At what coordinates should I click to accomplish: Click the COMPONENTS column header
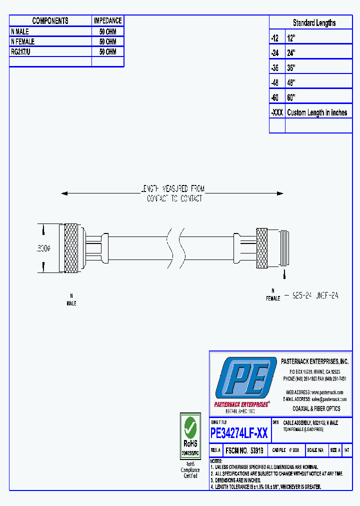[x=50, y=21]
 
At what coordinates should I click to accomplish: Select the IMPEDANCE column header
[x=107, y=21]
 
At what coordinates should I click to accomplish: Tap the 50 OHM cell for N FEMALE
[x=107, y=41]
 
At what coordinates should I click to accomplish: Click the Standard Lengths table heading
[x=314, y=23]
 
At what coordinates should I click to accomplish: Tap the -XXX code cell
[x=276, y=112]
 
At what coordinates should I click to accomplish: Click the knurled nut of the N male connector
[x=71, y=248]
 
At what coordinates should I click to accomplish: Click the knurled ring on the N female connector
[x=262, y=248]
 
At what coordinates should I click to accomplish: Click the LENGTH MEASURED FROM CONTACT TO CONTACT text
[x=174, y=193]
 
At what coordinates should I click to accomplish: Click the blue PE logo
[x=245, y=378]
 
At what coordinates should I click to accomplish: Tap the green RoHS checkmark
[x=190, y=426]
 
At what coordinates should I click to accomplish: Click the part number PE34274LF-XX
[x=239, y=433]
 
